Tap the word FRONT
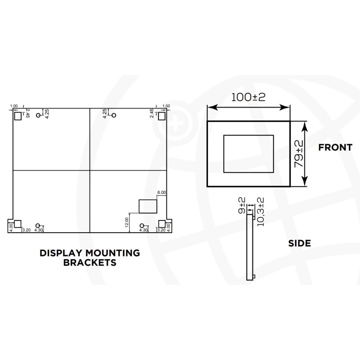tap(335, 147)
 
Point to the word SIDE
tap(299, 243)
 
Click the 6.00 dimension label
tap(162, 193)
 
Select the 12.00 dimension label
tap(127, 223)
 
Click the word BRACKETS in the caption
tap(90, 262)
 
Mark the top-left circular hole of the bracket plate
tap(39, 116)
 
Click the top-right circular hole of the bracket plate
tap(114, 116)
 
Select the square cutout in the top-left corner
tap(18, 116)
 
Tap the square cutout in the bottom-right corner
tap(162, 224)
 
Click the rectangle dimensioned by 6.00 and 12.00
tap(147, 206)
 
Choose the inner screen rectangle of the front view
tap(248, 153)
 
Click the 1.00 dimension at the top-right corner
tap(166, 106)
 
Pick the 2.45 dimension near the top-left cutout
tap(27, 113)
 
